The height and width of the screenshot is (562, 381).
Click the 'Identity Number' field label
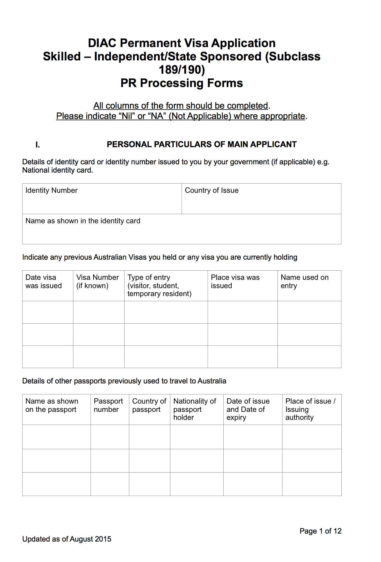(51, 190)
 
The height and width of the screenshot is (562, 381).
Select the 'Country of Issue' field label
(212, 190)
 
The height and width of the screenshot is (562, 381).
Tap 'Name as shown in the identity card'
(83, 221)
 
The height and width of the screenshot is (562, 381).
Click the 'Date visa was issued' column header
(43, 282)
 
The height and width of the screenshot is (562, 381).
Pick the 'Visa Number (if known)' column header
(98, 282)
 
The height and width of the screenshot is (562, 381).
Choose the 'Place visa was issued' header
(235, 282)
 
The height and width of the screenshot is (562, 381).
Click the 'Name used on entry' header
(304, 282)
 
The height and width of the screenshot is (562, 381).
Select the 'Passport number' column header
(108, 405)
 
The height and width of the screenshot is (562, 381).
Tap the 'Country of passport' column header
(149, 405)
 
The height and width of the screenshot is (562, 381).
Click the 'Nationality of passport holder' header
(195, 409)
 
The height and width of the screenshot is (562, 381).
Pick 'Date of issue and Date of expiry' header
(248, 409)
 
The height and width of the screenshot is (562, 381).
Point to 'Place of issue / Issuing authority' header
(310, 409)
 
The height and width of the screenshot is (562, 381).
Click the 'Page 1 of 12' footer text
(320, 531)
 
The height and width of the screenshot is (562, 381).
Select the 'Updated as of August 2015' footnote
(67, 539)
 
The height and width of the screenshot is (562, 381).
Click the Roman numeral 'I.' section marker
(38, 145)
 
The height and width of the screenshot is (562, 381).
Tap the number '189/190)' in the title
(182, 70)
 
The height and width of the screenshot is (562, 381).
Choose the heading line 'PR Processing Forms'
(182, 83)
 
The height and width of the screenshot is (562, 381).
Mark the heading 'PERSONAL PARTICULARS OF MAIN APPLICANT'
(201, 144)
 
